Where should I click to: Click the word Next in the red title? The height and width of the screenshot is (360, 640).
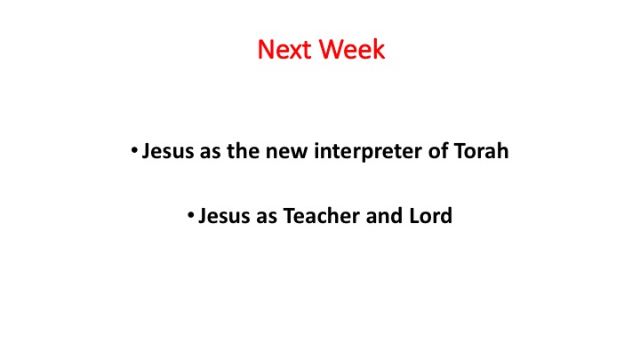coord(285,50)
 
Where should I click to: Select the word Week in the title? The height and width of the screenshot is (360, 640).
coord(352,50)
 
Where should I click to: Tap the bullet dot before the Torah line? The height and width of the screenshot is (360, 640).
coord(134,150)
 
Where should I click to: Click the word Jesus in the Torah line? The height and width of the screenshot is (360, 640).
coord(167,151)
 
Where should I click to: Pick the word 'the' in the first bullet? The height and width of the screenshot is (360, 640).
coord(244,151)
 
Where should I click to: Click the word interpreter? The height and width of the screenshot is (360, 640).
coord(368,152)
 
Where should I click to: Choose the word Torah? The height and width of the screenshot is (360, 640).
coord(481,151)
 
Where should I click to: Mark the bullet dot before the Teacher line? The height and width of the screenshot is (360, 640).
coord(190,215)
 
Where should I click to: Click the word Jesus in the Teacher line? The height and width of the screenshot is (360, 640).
coord(224,216)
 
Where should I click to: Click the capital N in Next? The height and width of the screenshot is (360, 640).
coord(266,50)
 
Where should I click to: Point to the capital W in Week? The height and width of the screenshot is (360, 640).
coord(332,50)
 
